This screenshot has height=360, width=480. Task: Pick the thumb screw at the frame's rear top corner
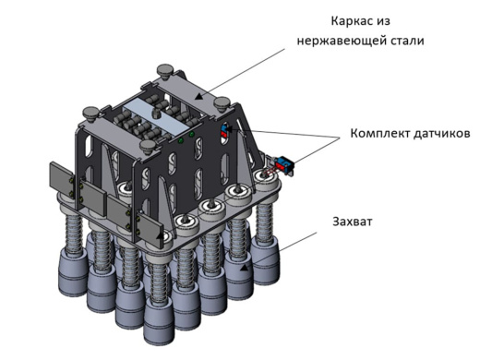165,68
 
